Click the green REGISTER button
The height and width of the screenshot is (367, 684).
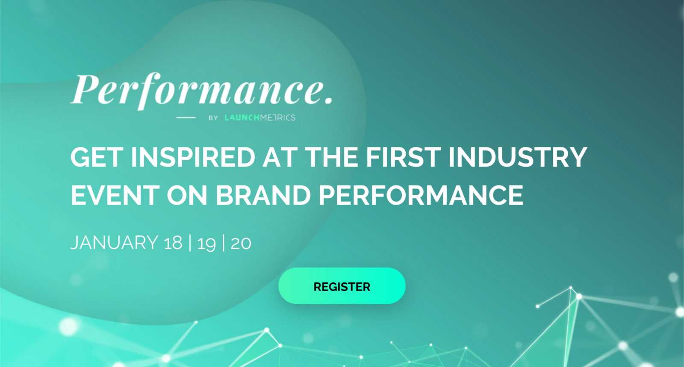tap(342, 286)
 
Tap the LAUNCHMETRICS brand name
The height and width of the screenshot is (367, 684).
tap(260, 118)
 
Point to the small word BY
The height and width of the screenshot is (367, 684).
tap(213, 118)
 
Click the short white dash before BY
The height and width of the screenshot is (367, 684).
tap(186, 117)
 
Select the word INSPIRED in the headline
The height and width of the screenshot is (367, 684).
tap(193, 157)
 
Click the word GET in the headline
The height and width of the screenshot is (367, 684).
tap(97, 157)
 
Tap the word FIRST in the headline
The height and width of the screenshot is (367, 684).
tap(403, 157)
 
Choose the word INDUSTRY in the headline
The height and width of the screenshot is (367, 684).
tap(517, 157)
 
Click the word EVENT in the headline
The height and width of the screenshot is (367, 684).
tap(115, 195)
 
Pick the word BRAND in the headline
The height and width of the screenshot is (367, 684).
tap(263, 195)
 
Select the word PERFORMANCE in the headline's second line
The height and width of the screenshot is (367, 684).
tap(421, 195)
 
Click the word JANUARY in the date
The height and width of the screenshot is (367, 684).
tap(114, 243)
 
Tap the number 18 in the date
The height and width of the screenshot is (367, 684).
tap(173, 243)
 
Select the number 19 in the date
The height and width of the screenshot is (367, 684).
tap(207, 244)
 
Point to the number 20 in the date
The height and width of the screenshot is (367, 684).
tap(241, 243)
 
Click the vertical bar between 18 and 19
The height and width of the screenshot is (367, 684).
tap(190, 243)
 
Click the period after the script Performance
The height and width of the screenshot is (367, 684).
tap(329, 100)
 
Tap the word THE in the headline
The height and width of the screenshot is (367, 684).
tap(331, 157)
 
